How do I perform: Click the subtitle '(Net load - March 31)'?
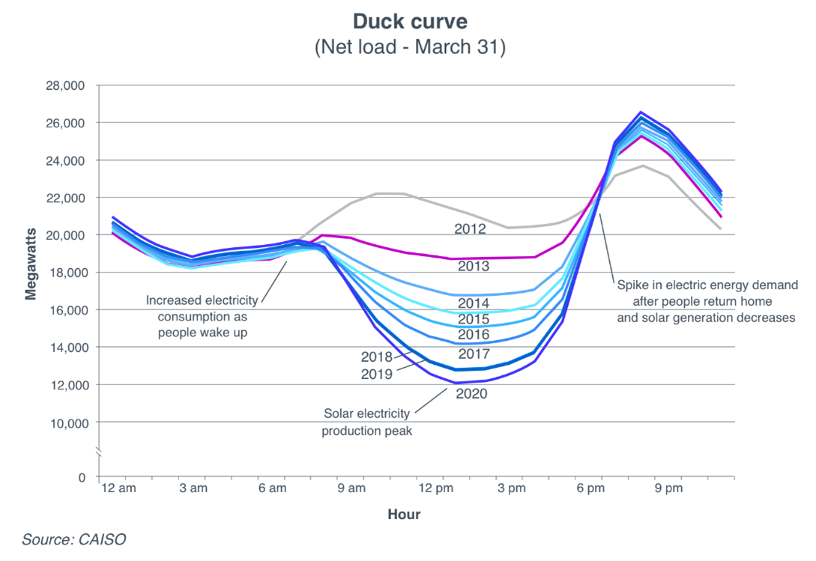click(x=409, y=48)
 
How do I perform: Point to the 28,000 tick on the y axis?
click(x=66, y=85)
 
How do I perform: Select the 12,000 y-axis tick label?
click(x=66, y=385)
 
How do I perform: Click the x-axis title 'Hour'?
click(x=404, y=515)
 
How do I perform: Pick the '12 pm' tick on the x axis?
click(x=440, y=489)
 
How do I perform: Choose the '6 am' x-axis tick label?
click(x=272, y=489)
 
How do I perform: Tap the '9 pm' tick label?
click(x=668, y=489)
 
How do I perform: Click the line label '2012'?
click(x=470, y=229)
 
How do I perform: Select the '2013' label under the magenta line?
click(x=474, y=267)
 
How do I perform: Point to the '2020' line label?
click(x=471, y=393)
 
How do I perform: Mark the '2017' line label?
click(x=474, y=354)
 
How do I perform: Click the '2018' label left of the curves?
click(x=376, y=357)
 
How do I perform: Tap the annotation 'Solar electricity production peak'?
click(x=366, y=422)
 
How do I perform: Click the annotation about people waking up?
click(x=202, y=316)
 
